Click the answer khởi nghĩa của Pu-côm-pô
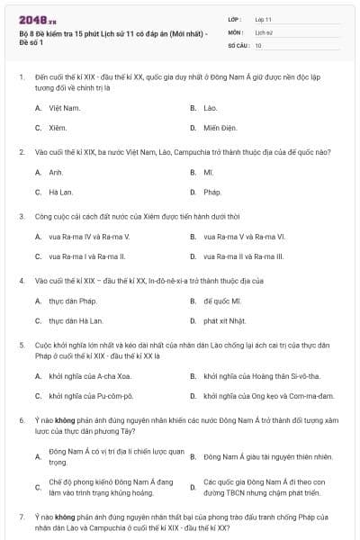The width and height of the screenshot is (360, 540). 91,395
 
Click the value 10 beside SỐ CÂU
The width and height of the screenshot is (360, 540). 258,44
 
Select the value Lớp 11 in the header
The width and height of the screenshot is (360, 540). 263,18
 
